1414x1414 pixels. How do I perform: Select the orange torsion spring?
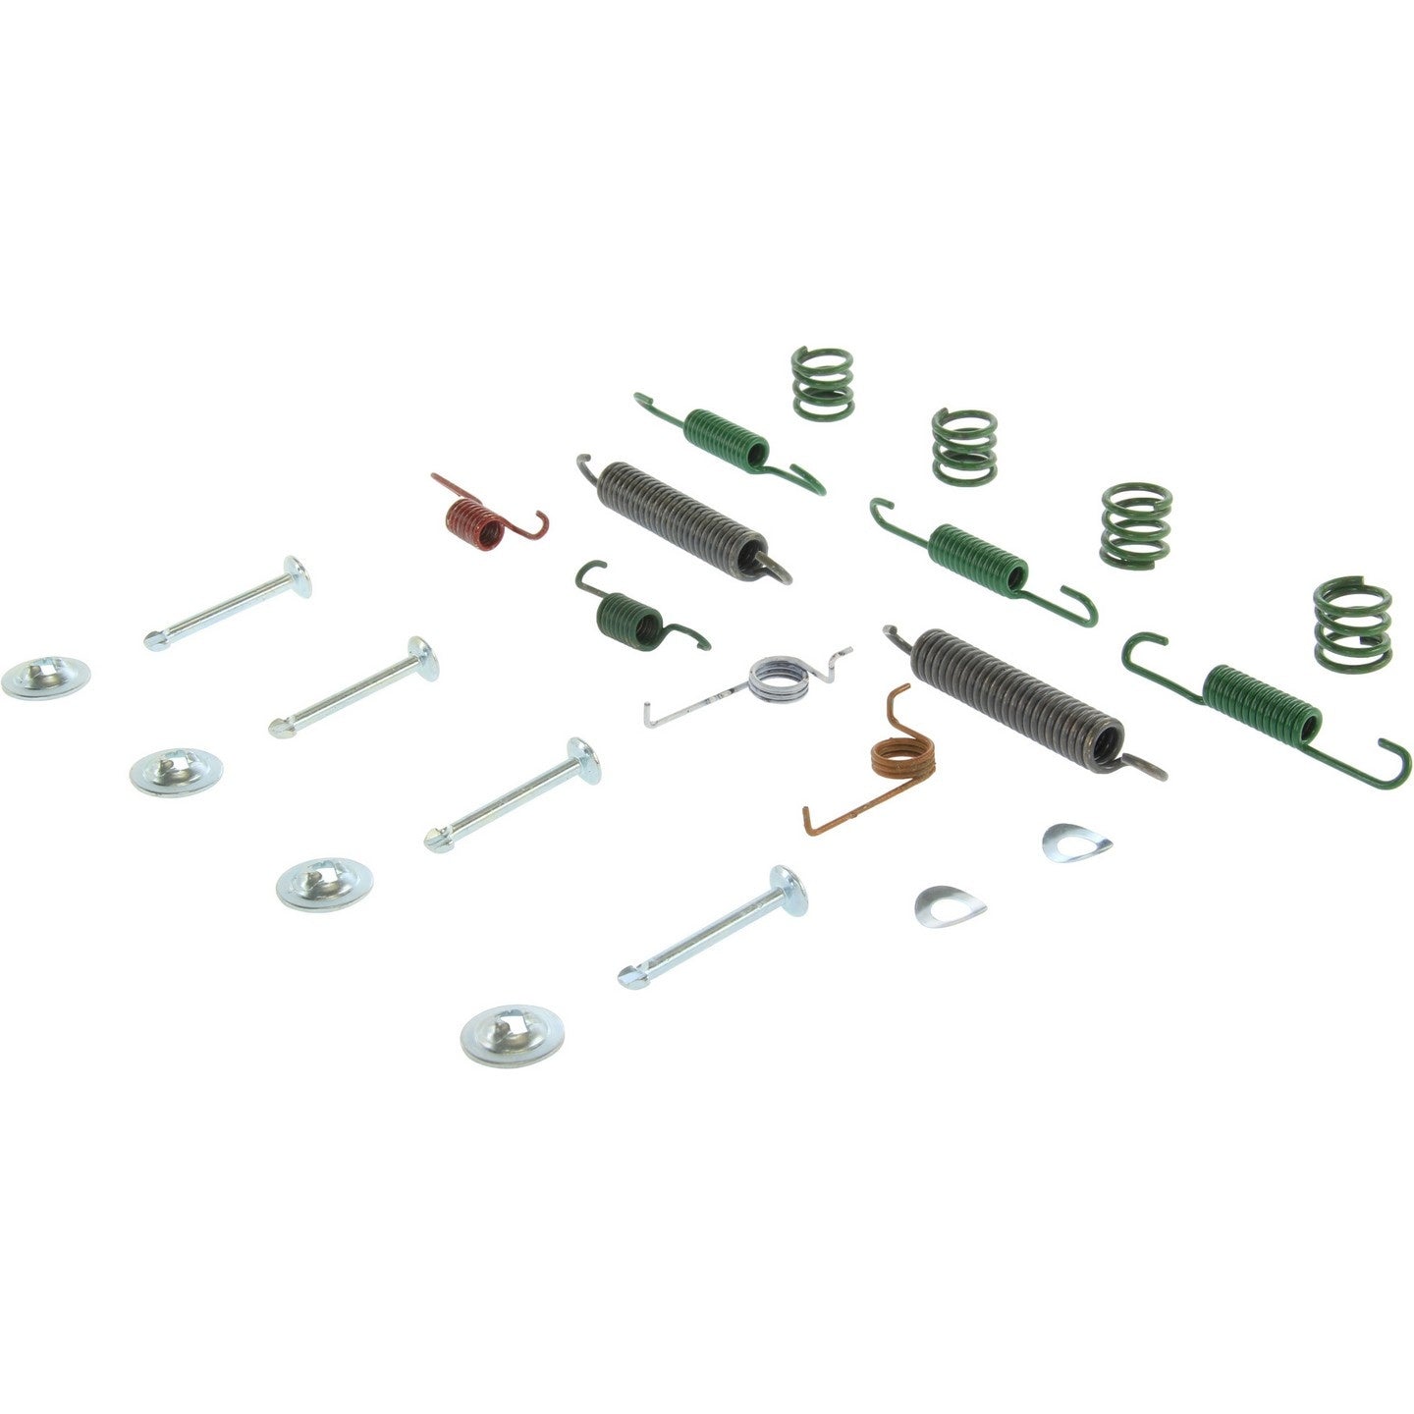(x=901, y=757)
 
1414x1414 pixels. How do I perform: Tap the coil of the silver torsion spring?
(x=778, y=679)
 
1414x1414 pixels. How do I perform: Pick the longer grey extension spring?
(x=1017, y=692)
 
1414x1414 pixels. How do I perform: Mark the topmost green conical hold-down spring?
(x=822, y=382)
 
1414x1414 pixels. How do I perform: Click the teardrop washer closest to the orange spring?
(x=949, y=906)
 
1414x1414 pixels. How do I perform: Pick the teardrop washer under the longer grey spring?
(x=1076, y=843)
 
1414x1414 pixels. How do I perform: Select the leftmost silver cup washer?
(x=45, y=678)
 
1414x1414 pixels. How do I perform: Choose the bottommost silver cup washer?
(x=512, y=1034)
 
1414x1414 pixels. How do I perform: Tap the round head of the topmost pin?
(x=297, y=575)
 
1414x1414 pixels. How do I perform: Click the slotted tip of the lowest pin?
(x=630, y=977)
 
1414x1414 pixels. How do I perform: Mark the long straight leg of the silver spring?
(x=693, y=704)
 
